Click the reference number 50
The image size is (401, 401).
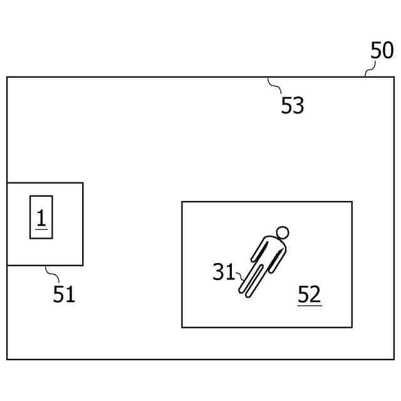(382, 51)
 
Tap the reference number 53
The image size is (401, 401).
(292, 106)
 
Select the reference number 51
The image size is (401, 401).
(64, 293)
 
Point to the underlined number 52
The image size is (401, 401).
(310, 294)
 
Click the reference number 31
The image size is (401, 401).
(224, 272)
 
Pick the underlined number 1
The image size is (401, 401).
(41, 218)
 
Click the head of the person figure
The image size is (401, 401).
(283, 233)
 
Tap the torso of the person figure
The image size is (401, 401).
(268, 251)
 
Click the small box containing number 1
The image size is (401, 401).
(41, 217)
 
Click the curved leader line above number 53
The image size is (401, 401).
(274, 85)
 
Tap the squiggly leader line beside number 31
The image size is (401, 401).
(239, 276)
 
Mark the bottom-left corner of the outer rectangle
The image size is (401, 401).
(7, 359)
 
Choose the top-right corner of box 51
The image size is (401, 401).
(83, 183)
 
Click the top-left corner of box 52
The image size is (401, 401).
(182, 202)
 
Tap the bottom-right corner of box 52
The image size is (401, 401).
(352, 327)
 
